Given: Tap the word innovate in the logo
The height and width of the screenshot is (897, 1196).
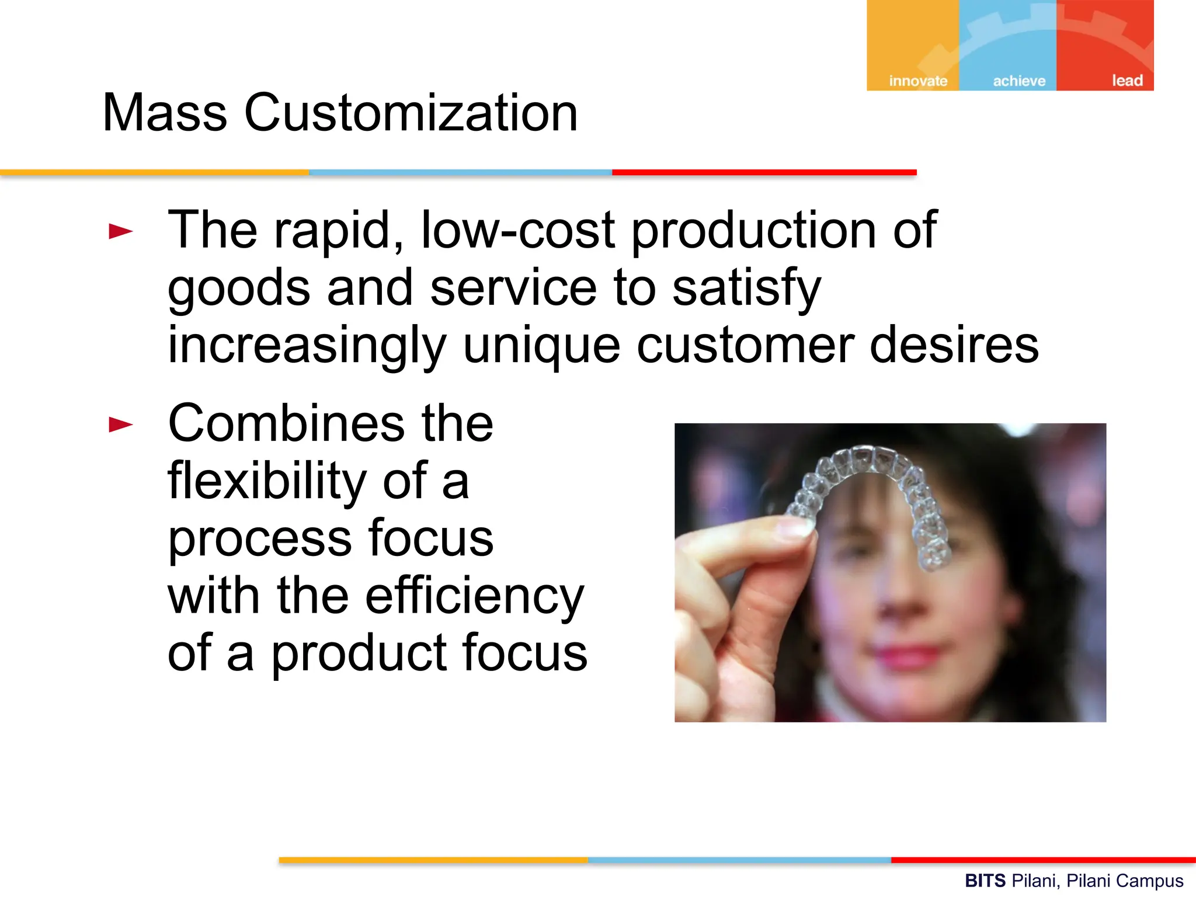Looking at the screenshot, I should pyautogui.click(x=917, y=81).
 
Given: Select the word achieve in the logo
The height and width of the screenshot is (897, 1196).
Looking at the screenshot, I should pyautogui.click(x=1018, y=81).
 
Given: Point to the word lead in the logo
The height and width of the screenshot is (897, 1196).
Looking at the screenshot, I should pyautogui.click(x=1127, y=80).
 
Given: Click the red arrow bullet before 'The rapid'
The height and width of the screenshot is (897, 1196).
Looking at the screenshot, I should pyautogui.click(x=121, y=231).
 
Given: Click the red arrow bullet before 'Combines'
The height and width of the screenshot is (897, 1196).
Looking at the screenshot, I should pyautogui.click(x=121, y=425).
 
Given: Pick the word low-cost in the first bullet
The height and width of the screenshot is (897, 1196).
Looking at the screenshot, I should pyautogui.click(x=517, y=230).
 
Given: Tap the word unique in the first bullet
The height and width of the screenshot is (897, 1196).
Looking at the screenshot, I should pyautogui.click(x=541, y=345).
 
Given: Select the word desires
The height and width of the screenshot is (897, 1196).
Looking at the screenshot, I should pyautogui.click(x=954, y=345).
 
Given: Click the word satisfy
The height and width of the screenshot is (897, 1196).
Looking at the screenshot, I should pyautogui.click(x=746, y=288).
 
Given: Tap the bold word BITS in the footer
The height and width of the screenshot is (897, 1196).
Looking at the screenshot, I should pyautogui.click(x=985, y=880).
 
